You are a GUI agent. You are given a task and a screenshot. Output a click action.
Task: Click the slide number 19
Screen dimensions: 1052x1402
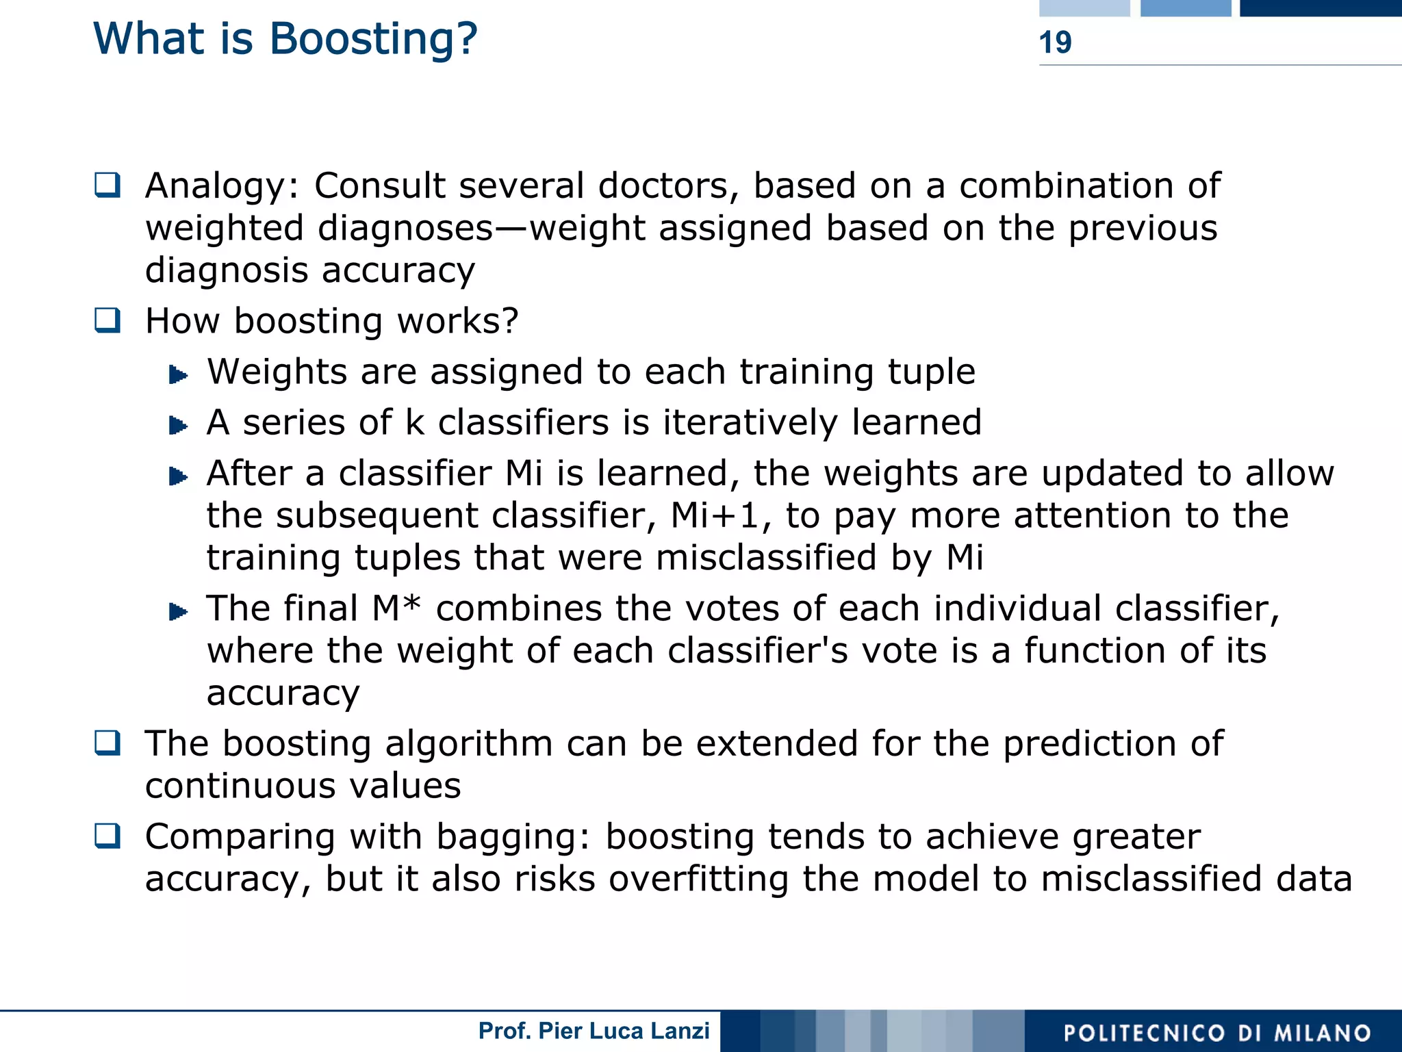pos(1055,42)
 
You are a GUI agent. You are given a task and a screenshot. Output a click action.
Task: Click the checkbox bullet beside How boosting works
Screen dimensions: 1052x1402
pos(107,320)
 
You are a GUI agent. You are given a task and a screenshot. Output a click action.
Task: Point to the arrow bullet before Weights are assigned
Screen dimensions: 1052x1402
pos(178,374)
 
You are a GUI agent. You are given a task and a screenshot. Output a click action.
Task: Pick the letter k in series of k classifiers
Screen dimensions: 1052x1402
pos(415,422)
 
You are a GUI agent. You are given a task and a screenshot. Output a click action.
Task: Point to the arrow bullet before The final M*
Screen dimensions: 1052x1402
pos(178,611)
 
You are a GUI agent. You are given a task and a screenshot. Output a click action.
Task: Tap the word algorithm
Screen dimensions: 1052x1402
pos(469,744)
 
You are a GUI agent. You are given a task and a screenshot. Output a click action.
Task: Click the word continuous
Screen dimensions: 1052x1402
pos(240,786)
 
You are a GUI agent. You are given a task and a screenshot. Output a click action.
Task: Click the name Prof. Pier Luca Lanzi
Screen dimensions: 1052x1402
pos(594,1031)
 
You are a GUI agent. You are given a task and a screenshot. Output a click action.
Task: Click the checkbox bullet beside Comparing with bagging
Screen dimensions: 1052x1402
pos(107,836)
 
